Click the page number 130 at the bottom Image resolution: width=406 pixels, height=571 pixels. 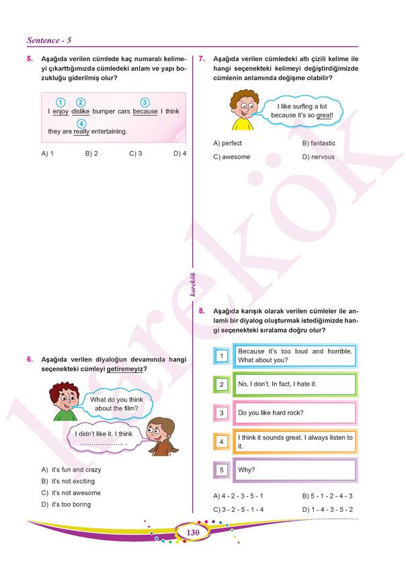[194, 533]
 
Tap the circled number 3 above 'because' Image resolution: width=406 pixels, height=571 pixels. [145, 102]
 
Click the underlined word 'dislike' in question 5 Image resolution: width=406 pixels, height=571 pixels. [80, 111]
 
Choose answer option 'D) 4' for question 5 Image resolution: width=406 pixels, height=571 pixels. [179, 154]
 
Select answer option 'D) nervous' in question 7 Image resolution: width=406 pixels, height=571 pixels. [318, 157]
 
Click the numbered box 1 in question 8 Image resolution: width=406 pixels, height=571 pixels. [221, 355]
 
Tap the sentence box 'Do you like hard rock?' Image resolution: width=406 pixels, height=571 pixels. [294, 412]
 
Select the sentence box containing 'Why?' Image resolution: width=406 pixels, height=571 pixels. [294, 470]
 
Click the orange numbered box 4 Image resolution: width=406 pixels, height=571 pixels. [221, 441]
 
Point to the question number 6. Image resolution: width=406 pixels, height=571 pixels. [30, 359]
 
